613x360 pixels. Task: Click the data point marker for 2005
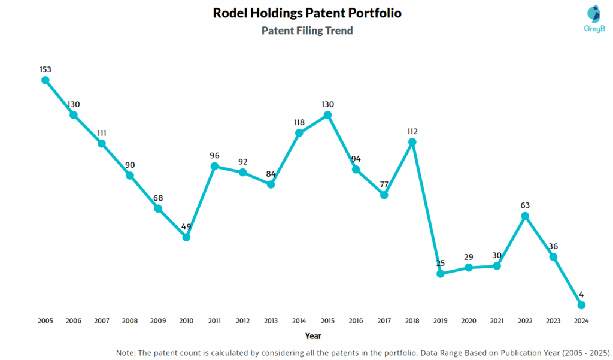pos(45,80)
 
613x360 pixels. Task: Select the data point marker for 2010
pos(186,237)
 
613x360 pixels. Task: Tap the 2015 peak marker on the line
pos(327,114)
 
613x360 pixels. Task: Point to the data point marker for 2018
pos(412,142)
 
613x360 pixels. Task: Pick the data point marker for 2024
pos(581,305)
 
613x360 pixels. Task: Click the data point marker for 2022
pos(525,216)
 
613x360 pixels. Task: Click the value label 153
pos(45,69)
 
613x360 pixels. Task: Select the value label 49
pos(186,226)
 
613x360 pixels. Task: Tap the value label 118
pos(299,122)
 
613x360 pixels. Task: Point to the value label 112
pos(412,131)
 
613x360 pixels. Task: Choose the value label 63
pos(525,205)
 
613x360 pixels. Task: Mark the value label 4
pos(581,294)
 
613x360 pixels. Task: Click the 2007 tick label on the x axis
pos(102,321)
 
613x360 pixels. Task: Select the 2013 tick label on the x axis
pos(271,321)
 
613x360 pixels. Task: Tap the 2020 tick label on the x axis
pos(469,321)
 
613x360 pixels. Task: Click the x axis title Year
pos(313,336)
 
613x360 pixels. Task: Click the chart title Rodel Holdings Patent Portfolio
pos(307,13)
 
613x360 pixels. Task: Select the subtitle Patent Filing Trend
pos(307,31)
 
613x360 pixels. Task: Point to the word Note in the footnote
pos(127,352)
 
